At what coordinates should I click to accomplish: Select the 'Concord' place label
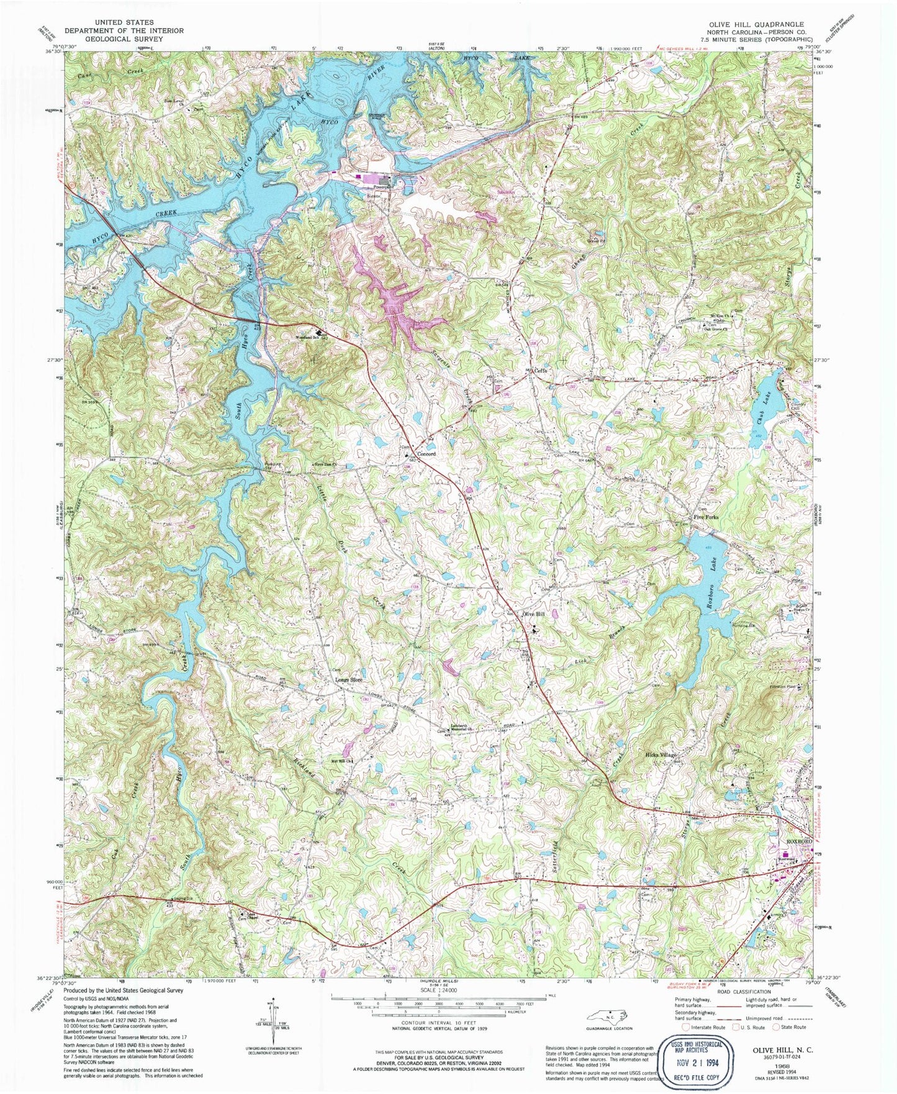[425, 454]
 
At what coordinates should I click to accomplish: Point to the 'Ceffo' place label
[541, 371]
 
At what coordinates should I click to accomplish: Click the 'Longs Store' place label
[349, 680]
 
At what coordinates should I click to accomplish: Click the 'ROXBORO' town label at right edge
[799, 841]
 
